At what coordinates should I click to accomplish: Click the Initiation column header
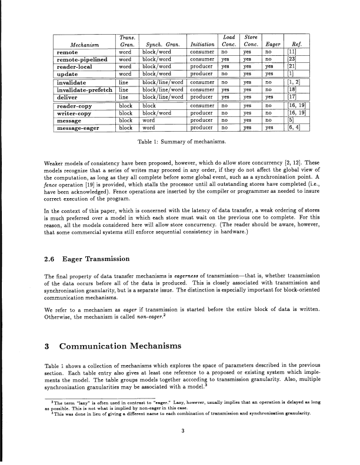tap(202, 44)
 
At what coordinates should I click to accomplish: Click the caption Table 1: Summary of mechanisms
tap(179, 142)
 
